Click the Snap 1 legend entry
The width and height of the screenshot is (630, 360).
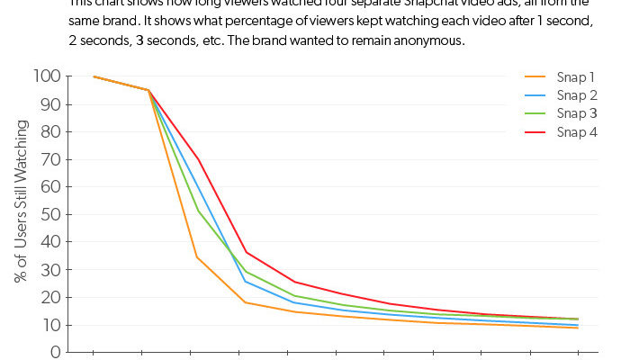tap(576, 77)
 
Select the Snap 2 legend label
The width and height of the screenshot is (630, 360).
tap(576, 95)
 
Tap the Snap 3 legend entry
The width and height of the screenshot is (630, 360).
tap(576, 113)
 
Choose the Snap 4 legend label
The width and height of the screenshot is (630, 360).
tap(576, 132)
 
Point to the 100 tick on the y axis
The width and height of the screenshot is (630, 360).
tap(49, 77)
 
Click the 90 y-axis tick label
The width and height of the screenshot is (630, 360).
tap(52, 104)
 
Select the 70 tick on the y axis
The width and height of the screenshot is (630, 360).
tap(52, 160)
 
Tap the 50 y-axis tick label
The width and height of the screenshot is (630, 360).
tap(52, 215)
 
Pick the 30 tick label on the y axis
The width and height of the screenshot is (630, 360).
tap(52, 270)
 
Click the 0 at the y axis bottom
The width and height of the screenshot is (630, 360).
tap(57, 352)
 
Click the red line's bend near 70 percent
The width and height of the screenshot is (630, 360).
tap(197, 158)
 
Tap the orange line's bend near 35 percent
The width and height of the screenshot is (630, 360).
tap(197, 257)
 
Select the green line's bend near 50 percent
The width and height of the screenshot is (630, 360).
tap(197, 211)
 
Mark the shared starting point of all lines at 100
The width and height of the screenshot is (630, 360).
tap(94, 76)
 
